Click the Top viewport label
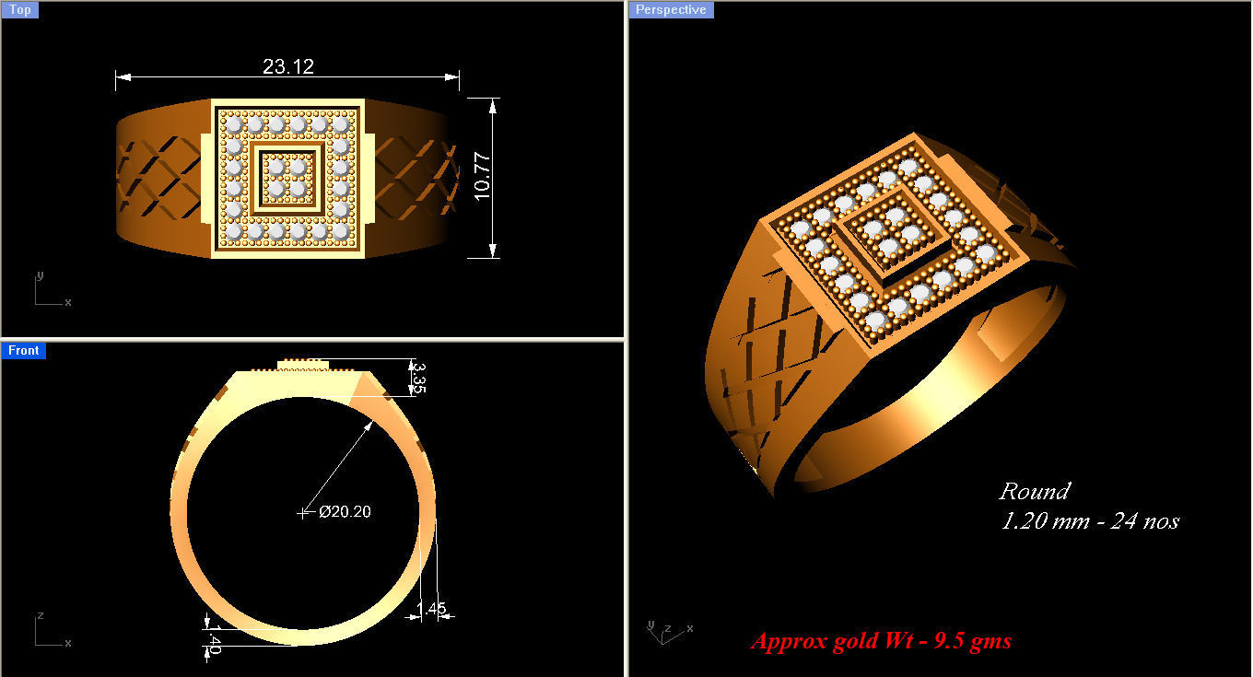tap(19, 10)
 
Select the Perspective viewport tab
tap(671, 10)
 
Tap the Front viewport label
tap(23, 351)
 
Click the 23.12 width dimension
tap(287, 66)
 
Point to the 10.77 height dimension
tap(482, 176)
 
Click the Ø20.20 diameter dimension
tap(345, 511)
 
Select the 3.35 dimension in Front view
tap(417, 377)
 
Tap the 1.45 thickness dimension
tap(431, 609)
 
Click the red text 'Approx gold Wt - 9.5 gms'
tap(881, 640)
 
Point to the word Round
tap(1034, 491)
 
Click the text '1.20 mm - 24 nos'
tap(1090, 521)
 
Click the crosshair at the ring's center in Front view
tap(304, 512)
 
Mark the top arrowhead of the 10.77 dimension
tap(493, 104)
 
